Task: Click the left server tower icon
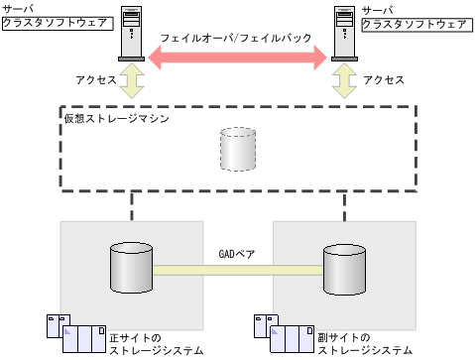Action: tap(131, 38)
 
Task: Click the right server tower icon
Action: tap(345, 38)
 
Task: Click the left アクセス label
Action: tap(95, 79)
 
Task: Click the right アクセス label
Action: tap(383, 79)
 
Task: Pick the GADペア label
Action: tap(237, 255)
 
